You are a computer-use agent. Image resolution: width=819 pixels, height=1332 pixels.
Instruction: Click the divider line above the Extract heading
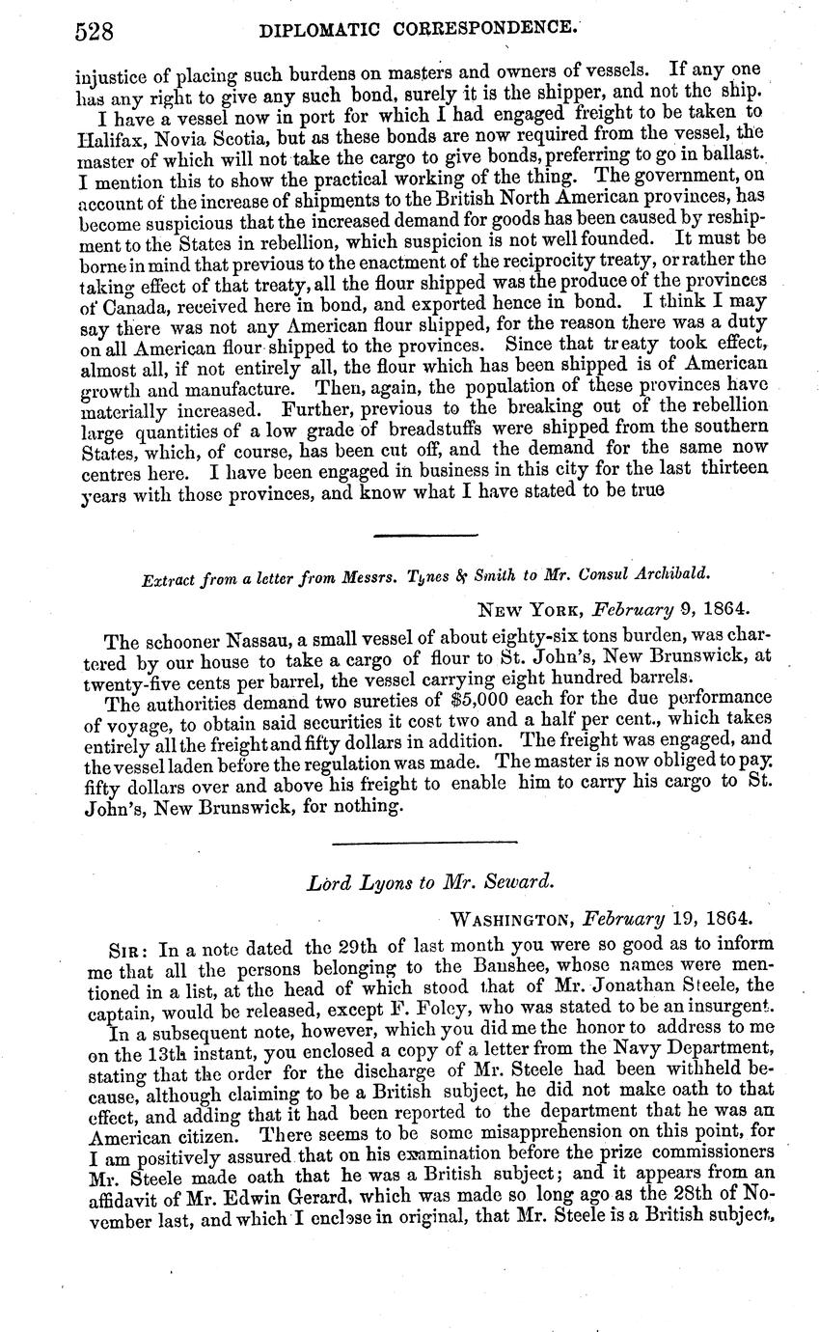[x=424, y=535]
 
